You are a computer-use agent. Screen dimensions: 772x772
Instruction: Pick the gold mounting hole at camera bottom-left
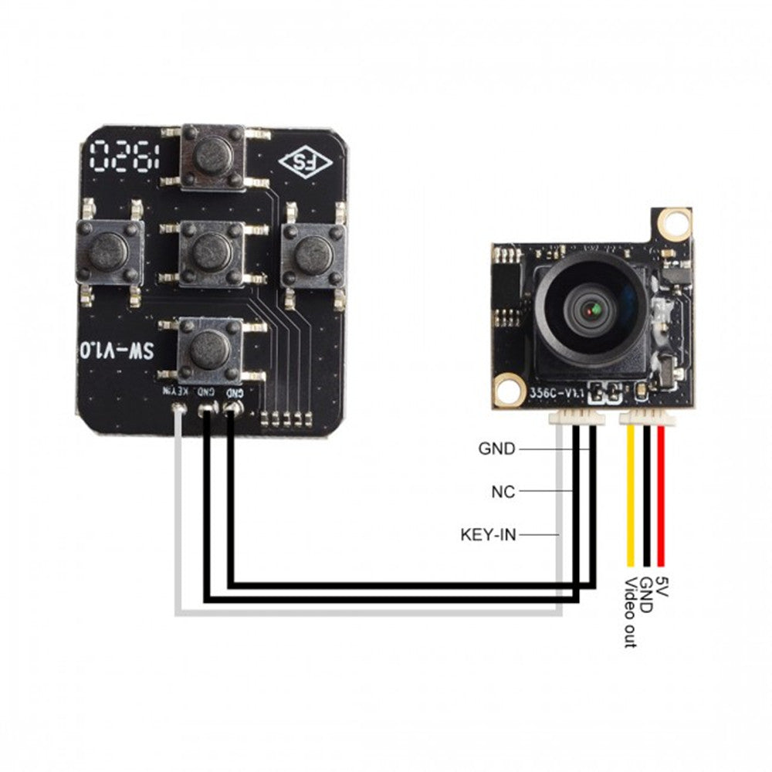point(508,388)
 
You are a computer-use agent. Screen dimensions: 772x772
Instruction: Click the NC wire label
point(503,491)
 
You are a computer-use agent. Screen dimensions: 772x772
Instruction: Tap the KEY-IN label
point(488,533)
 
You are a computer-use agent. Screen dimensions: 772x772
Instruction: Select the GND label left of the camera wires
point(496,449)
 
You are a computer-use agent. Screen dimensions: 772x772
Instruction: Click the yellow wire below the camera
point(631,494)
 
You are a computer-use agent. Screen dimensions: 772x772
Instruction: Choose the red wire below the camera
point(662,494)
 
